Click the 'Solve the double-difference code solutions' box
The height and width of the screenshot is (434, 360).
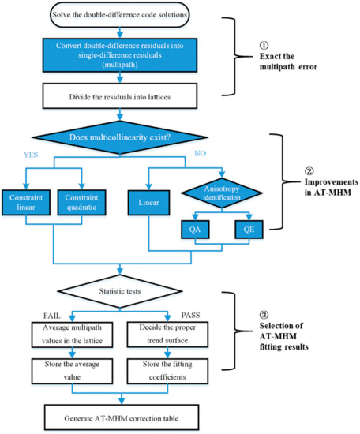(117, 13)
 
